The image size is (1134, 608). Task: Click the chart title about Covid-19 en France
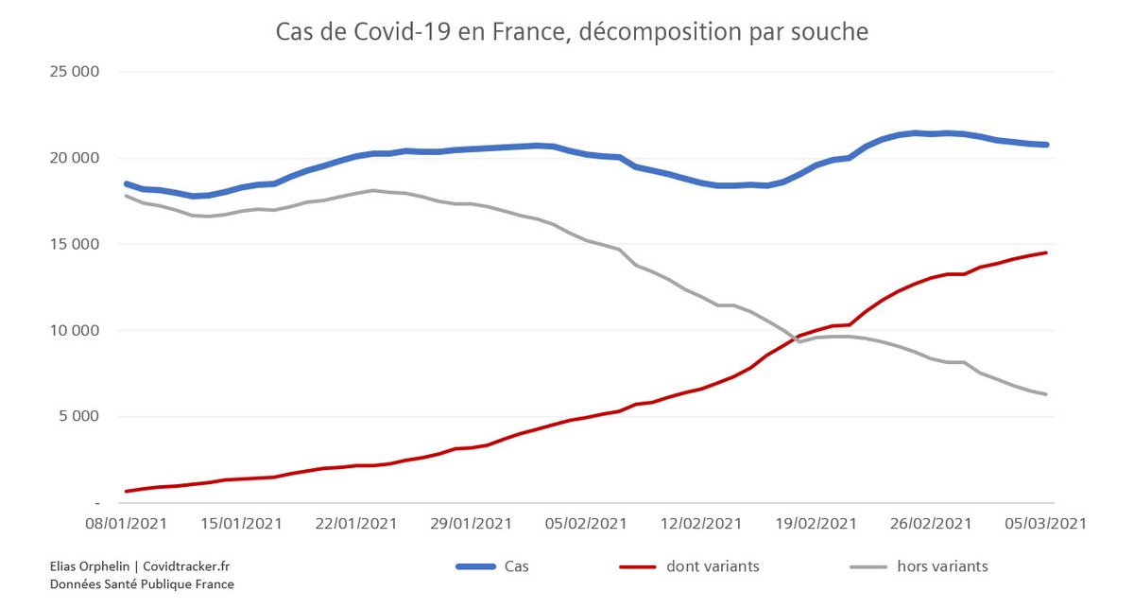571,32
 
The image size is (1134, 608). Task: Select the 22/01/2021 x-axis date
355,524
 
